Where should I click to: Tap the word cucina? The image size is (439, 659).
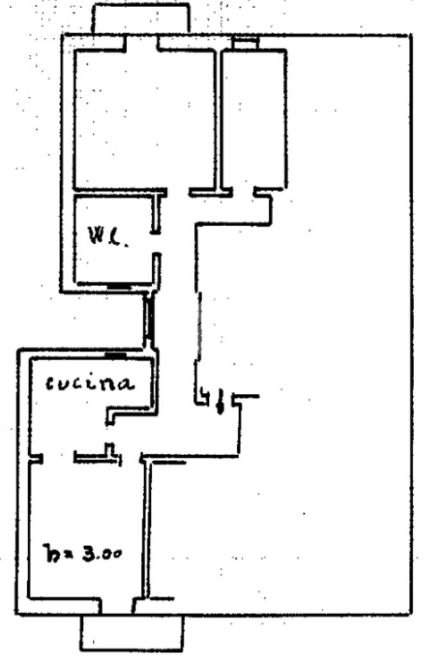tap(89, 384)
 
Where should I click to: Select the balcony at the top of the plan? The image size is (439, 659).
tap(141, 19)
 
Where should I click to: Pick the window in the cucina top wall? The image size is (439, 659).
tap(116, 354)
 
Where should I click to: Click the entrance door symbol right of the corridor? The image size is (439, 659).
tap(220, 401)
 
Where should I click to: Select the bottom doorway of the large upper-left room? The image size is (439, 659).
tap(178, 192)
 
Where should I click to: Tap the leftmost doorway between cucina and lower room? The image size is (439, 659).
tap(58, 458)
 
